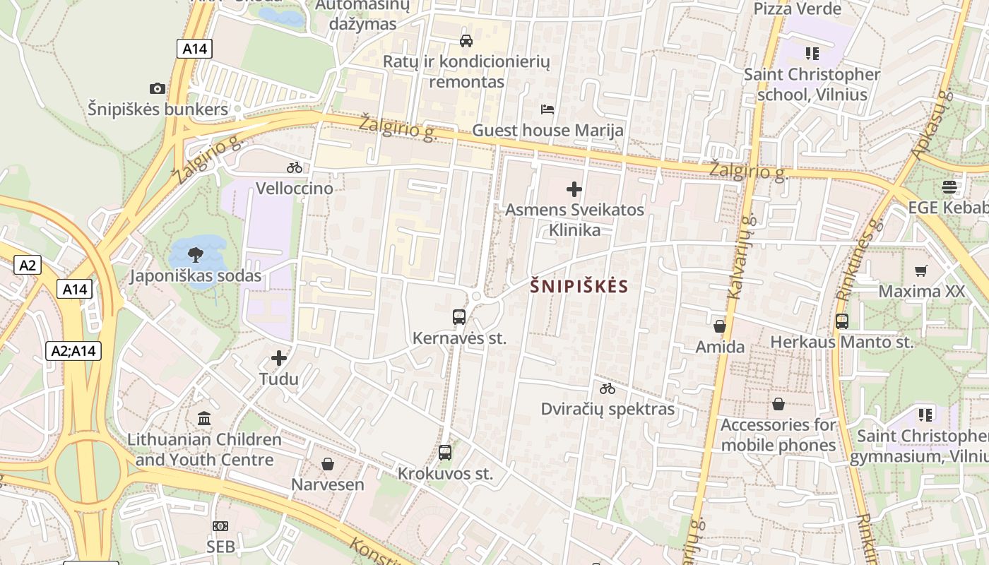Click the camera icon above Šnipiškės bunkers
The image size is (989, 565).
(x=158, y=88)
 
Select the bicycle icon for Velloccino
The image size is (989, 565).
(x=295, y=167)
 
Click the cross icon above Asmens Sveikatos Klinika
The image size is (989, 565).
(x=574, y=189)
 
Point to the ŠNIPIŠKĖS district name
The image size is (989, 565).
(x=579, y=286)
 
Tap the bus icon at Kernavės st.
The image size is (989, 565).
(x=459, y=316)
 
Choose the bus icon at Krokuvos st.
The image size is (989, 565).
(x=445, y=452)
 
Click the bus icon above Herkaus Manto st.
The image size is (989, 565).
(x=841, y=321)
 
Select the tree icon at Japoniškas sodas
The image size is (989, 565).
(x=196, y=255)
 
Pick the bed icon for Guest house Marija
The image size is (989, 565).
(x=547, y=109)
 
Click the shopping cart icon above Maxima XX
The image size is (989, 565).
(x=921, y=270)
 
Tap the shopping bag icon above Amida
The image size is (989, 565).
(x=720, y=326)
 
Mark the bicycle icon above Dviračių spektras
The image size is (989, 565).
(x=608, y=388)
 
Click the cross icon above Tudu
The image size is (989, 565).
(x=279, y=358)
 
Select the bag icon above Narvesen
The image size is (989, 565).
(x=328, y=463)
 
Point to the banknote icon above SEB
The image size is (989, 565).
(x=220, y=525)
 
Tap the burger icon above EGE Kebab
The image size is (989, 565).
(x=949, y=186)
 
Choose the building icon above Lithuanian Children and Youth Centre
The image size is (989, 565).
(x=205, y=418)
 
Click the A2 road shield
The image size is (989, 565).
(x=27, y=266)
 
